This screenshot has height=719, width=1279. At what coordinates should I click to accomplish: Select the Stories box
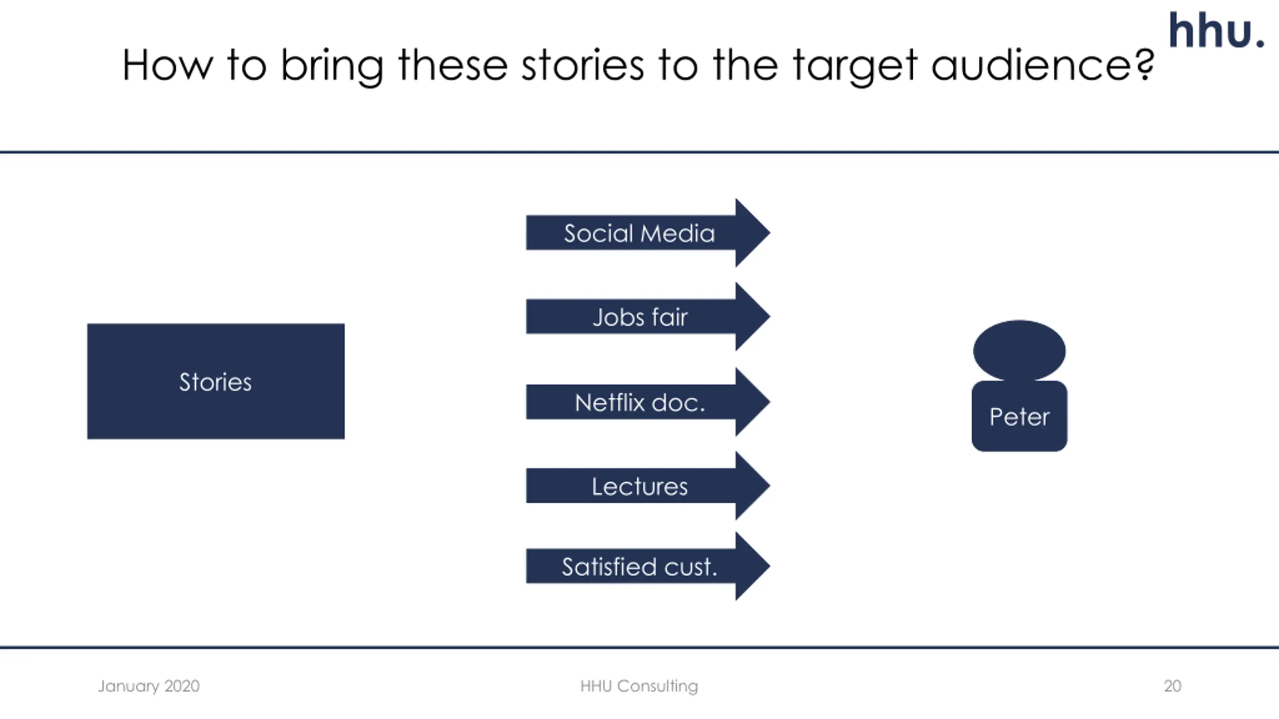tap(215, 381)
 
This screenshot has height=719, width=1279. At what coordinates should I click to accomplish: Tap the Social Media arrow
tap(639, 233)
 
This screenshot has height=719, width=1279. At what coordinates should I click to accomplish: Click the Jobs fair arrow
tap(640, 317)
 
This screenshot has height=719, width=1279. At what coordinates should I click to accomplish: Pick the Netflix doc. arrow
tap(640, 402)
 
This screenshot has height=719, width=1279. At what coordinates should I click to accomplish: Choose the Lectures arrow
tap(640, 486)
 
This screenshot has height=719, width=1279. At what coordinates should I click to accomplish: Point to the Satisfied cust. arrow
tap(639, 567)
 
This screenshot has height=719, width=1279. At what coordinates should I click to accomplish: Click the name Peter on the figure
tap(1019, 417)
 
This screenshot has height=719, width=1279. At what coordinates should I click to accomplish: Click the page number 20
tap(1172, 686)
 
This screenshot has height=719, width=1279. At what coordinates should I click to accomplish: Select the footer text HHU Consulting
tap(639, 686)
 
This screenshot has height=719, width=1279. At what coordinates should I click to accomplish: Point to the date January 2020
tap(148, 686)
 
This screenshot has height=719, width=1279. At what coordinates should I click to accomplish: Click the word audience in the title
tap(1034, 65)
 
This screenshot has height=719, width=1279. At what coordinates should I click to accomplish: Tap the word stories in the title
tap(583, 65)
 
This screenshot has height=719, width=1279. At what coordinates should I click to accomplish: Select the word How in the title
tap(167, 65)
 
